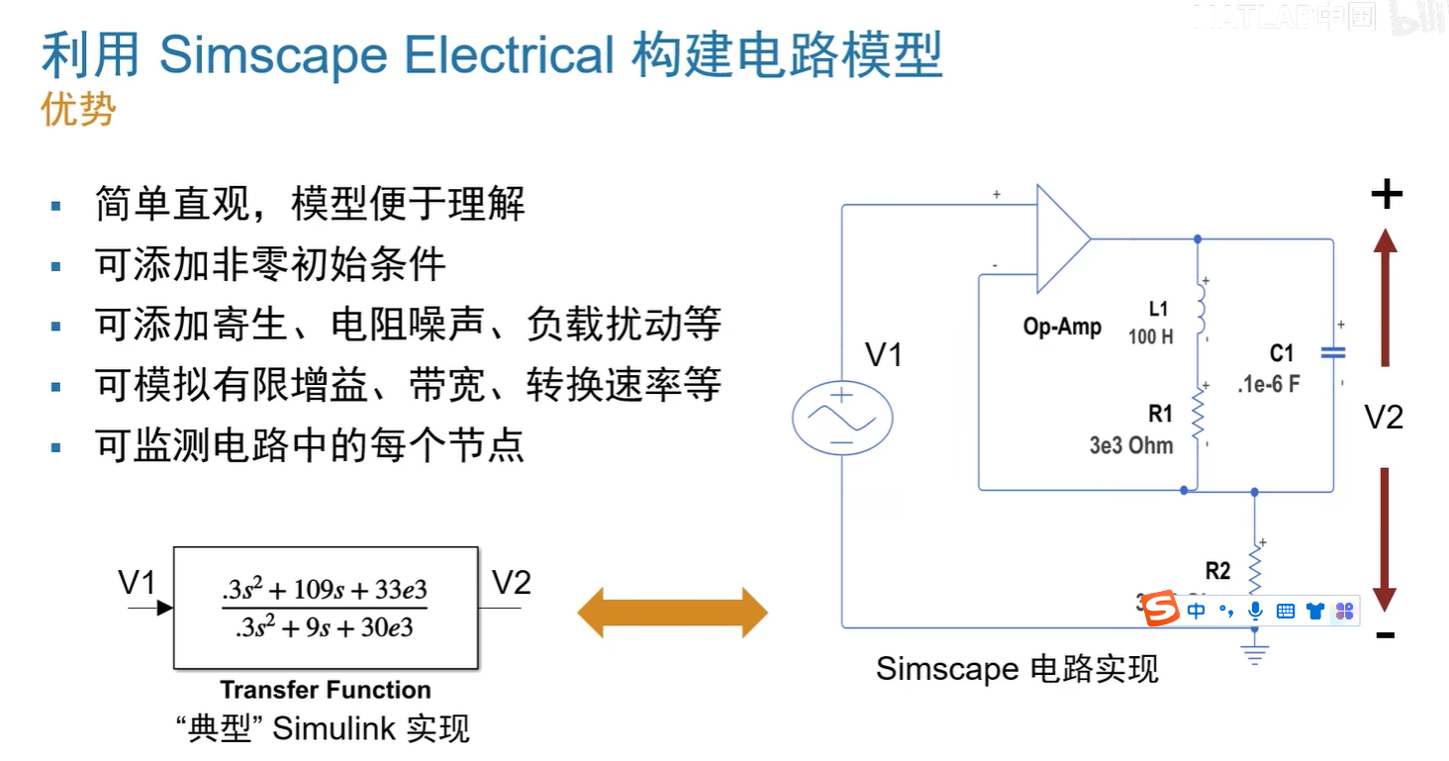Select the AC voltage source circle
click(x=842, y=418)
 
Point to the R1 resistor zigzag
click(x=1199, y=415)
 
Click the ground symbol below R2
click(x=1255, y=654)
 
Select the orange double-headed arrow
click(x=672, y=613)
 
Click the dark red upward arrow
click(x=1385, y=298)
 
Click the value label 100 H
click(x=1150, y=336)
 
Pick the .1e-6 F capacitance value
click(x=1268, y=384)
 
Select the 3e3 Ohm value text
click(x=1131, y=445)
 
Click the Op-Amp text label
click(x=1062, y=327)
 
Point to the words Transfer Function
click(x=325, y=690)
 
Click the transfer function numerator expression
click(x=325, y=591)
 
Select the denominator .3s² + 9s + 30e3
click(x=325, y=627)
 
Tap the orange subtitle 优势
click(x=78, y=109)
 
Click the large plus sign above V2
click(x=1386, y=194)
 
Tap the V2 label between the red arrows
click(x=1384, y=418)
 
